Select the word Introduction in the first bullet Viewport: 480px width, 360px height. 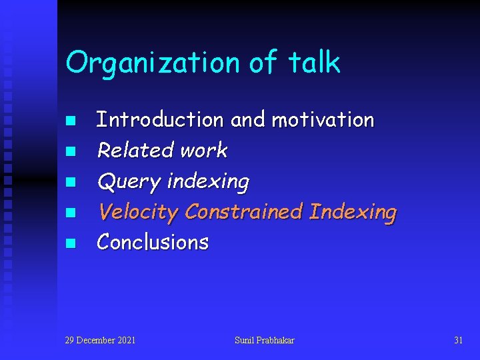160,120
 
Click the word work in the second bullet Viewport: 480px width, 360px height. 205,151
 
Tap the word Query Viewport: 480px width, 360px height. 129,181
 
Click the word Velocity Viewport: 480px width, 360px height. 138,212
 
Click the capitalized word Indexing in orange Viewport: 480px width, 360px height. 353,213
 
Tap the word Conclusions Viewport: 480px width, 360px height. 153,242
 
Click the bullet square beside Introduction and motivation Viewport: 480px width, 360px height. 71,121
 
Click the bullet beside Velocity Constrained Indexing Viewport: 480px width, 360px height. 71,213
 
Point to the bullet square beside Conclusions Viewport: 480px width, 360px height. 71,243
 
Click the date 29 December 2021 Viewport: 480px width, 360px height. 100,341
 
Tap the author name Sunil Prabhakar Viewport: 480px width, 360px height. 265,341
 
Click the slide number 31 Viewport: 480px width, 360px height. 458,341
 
